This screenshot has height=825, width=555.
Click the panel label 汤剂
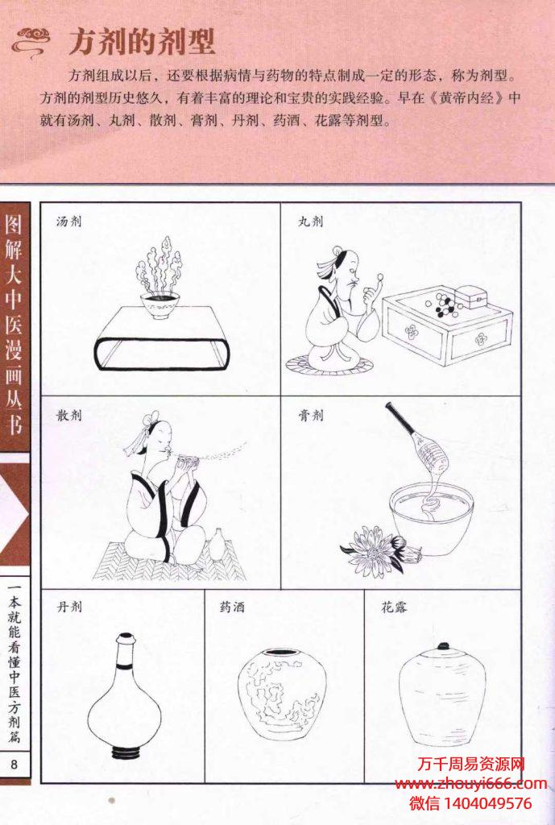pyautogui.click(x=69, y=221)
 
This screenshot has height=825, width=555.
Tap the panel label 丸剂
pyautogui.click(x=310, y=221)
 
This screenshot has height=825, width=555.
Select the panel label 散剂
pyautogui.click(x=69, y=415)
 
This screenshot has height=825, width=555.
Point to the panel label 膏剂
pyautogui.click(x=310, y=415)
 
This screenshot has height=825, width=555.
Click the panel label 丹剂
pyautogui.click(x=69, y=607)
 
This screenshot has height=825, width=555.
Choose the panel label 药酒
pyautogui.click(x=232, y=607)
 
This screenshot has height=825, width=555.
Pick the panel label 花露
pyautogui.click(x=394, y=607)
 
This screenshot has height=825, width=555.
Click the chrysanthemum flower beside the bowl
pyautogui.click(x=375, y=551)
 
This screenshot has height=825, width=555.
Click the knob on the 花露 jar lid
pyautogui.click(x=444, y=645)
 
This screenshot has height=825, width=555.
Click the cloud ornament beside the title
pyautogui.click(x=31, y=42)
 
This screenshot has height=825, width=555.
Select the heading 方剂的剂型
pyautogui.click(x=142, y=42)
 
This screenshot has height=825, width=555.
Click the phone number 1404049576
pyautogui.click(x=488, y=803)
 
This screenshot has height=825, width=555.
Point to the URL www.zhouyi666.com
pyautogui.click(x=470, y=784)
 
